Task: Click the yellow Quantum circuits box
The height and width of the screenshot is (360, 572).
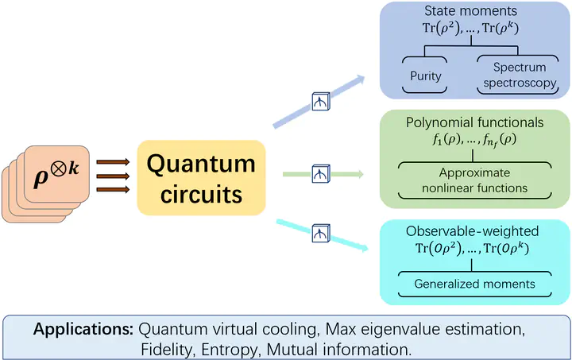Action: pos(200,178)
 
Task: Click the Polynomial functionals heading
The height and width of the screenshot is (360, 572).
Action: pos(475,123)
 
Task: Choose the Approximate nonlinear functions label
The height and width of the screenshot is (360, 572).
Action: pos(475,180)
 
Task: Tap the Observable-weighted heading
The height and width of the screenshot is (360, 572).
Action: pos(472,231)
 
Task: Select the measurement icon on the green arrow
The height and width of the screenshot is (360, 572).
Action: pos(320,173)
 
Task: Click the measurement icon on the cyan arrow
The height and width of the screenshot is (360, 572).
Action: pos(320,233)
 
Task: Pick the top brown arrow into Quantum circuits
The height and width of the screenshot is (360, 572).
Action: pos(113,161)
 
